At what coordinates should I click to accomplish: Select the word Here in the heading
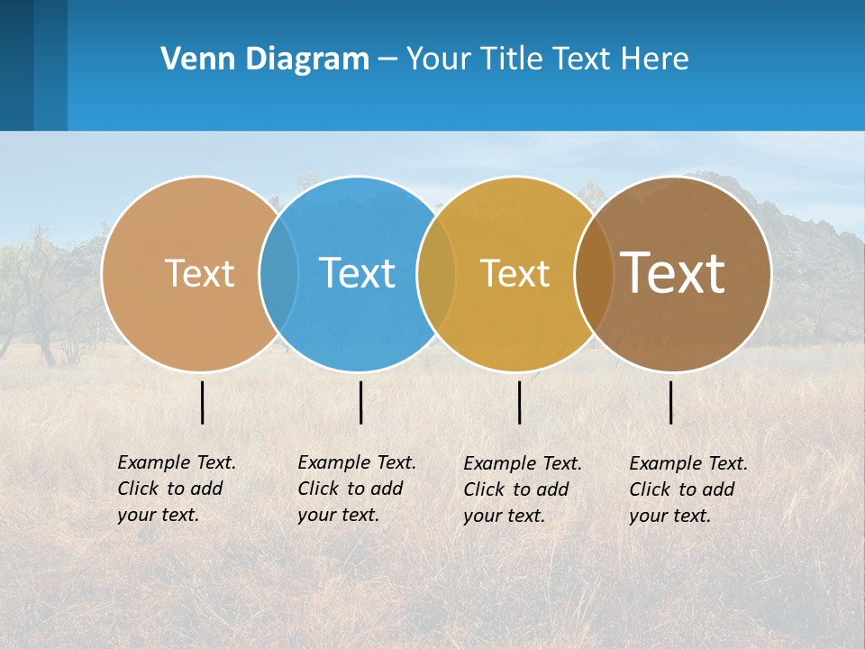coord(653,59)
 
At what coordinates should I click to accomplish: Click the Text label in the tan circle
coord(199,273)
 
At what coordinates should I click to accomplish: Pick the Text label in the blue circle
coord(358,273)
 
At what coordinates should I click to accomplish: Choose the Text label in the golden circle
coord(514,273)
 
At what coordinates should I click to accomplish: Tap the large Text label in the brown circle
coord(673,273)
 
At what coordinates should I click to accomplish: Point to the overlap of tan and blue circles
coord(279,274)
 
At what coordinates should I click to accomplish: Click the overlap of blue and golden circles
coord(437,274)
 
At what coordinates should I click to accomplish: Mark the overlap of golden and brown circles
coord(594,274)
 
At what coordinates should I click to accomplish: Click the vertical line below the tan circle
coord(203,402)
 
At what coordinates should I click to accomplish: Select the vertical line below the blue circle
coord(360,402)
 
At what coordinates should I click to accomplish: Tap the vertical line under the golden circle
coord(520,402)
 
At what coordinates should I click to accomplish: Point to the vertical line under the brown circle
coord(671,402)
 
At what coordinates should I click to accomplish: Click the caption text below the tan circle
coord(176,489)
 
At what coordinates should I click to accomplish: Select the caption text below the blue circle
coord(356,489)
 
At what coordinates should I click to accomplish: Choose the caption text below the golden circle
coord(522,489)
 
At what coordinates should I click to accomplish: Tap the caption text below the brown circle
coord(687,489)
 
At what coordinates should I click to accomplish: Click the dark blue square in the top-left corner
coord(16,65)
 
